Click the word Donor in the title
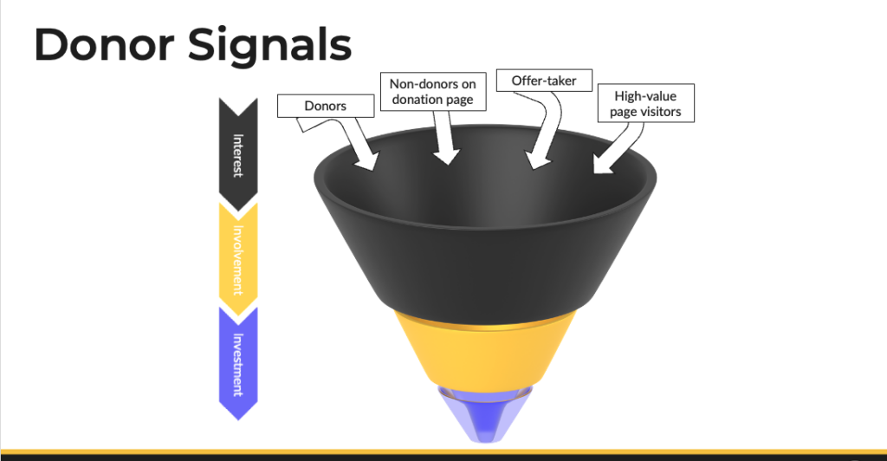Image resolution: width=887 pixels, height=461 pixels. click(104, 45)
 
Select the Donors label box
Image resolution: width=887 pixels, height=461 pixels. click(326, 106)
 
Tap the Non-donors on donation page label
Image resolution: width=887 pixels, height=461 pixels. click(433, 92)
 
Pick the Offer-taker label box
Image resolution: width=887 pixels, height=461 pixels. click(544, 81)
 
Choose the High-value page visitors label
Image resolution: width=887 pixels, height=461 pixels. click(646, 103)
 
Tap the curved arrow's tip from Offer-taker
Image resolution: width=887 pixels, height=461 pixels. click(535, 160)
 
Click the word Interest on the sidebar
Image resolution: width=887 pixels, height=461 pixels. click(238, 156)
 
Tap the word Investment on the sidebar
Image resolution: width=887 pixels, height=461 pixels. click(238, 365)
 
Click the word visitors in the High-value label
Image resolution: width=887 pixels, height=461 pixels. click(661, 112)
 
